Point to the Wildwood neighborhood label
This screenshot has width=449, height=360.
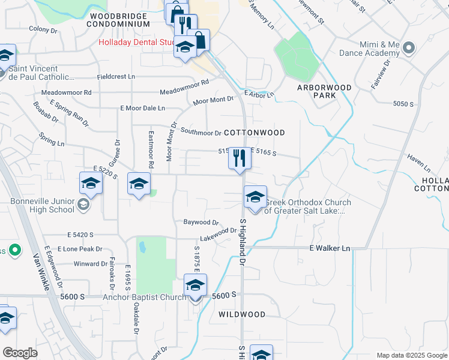click(241, 314)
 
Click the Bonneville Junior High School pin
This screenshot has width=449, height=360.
click(82, 206)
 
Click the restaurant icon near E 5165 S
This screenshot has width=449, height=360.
click(239, 158)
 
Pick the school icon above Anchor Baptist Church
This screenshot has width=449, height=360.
click(195, 286)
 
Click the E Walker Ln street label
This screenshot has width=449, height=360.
click(330, 248)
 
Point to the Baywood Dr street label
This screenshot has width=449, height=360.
click(200, 222)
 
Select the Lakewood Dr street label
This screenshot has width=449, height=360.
click(218, 234)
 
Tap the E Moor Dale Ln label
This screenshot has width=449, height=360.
click(142, 108)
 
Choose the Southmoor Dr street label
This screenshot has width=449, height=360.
click(201, 132)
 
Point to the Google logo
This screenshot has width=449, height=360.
click(20, 353)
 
